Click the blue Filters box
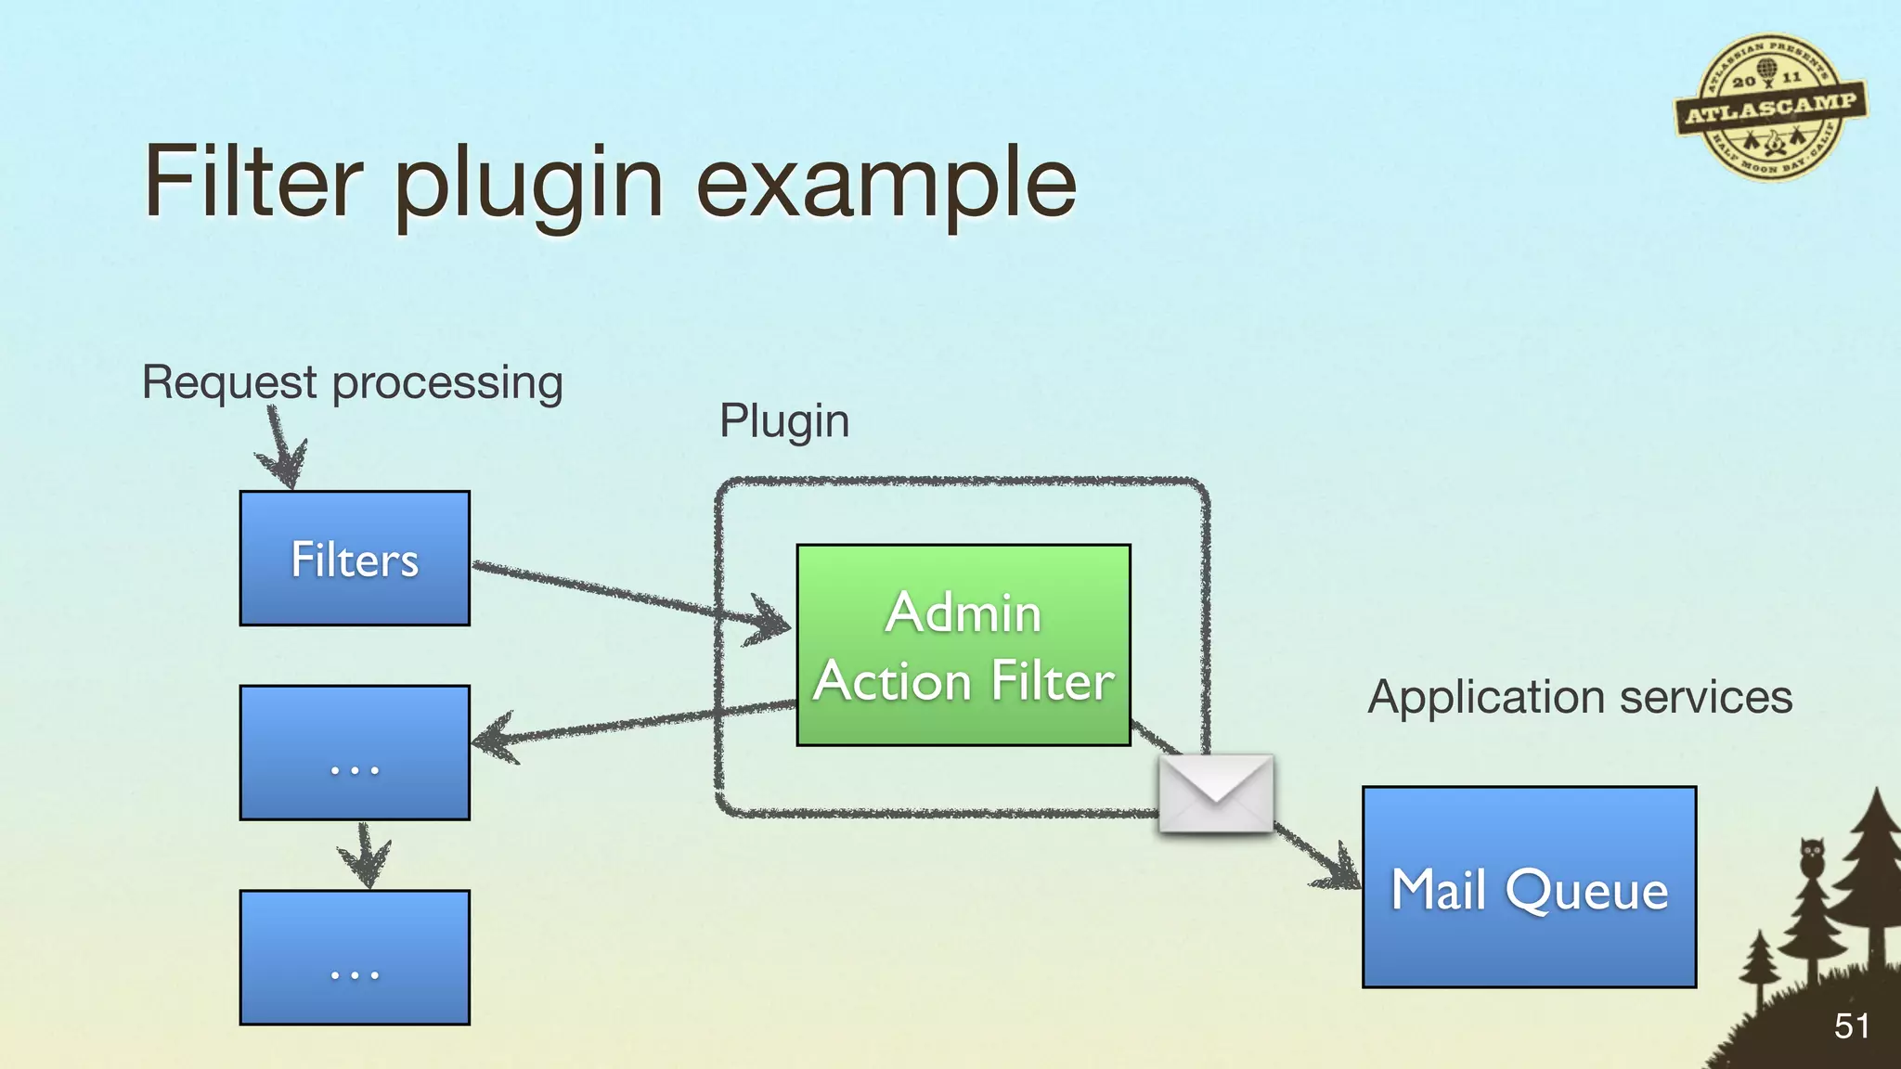(x=355, y=558)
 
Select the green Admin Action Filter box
(x=963, y=645)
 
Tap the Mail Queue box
(x=1529, y=886)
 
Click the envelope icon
(x=1216, y=793)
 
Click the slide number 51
(x=1851, y=1026)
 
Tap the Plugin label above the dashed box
(x=784, y=420)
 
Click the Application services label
(x=1580, y=697)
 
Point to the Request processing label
(x=352, y=382)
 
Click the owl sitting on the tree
(x=1812, y=856)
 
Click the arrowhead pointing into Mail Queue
(x=1337, y=869)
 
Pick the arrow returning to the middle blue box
(x=631, y=724)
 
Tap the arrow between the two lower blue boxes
(x=364, y=855)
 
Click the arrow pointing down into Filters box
(x=280, y=450)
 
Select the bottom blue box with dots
(x=355, y=957)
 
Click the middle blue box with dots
(x=355, y=753)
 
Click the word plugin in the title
(x=529, y=186)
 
